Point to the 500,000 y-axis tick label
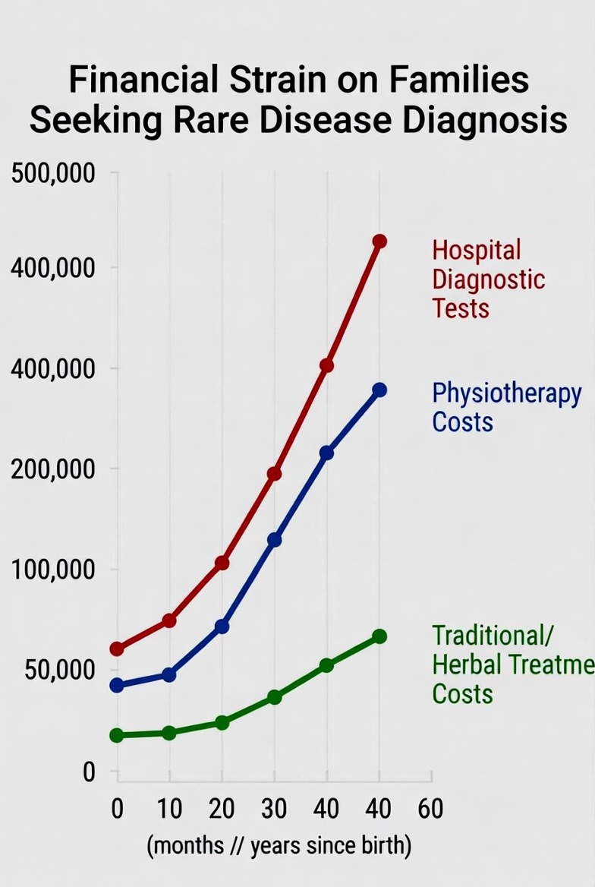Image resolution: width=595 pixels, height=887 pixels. [x=53, y=174]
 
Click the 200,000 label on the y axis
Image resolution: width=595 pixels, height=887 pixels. [x=53, y=469]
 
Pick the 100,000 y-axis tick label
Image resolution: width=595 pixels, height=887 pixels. [x=53, y=570]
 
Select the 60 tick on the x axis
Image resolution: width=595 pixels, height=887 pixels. [x=430, y=809]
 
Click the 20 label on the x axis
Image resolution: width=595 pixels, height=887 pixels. [x=222, y=809]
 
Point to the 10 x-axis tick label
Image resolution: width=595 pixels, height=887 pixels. [x=169, y=809]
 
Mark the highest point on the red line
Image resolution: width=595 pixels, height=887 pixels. [x=379, y=241]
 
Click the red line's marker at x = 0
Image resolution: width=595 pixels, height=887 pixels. [x=117, y=649]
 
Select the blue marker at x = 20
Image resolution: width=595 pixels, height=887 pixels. [x=222, y=627]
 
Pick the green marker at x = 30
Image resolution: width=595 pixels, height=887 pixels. [x=274, y=696]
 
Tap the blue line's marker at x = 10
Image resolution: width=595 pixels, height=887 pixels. [x=169, y=674]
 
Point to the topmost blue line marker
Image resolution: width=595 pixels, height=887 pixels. [x=379, y=390]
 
